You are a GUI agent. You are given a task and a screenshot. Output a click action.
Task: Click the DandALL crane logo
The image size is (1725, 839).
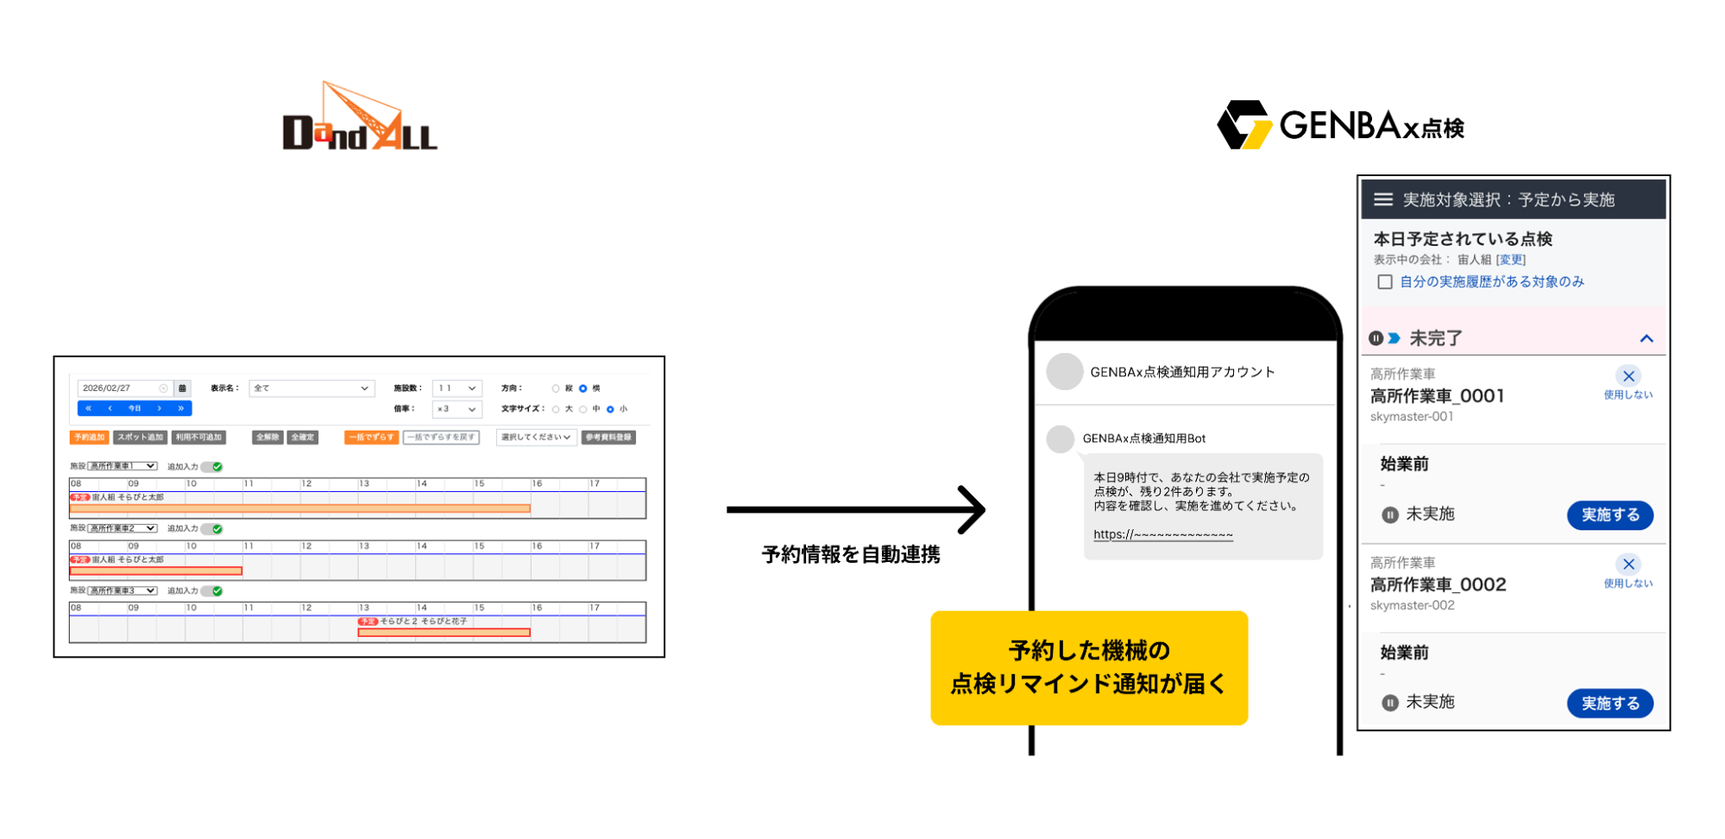[x=359, y=118]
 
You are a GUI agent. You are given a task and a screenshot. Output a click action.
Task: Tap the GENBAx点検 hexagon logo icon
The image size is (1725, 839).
[x=1243, y=125]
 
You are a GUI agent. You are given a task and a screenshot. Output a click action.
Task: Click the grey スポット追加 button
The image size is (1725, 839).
[x=140, y=438]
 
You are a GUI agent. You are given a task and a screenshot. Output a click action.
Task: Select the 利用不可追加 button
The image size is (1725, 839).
[x=198, y=438]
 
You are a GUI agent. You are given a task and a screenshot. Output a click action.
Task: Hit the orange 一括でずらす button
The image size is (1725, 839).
[x=371, y=438]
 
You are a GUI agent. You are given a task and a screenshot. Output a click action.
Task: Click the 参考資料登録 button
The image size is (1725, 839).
[x=608, y=438]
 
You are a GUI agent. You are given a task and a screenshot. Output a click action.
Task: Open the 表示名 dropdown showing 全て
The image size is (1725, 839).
[x=311, y=388]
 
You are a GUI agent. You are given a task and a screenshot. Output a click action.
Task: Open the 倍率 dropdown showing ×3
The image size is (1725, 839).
[x=456, y=409]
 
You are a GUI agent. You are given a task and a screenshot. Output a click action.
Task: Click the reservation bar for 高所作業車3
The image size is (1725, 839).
[x=444, y=633]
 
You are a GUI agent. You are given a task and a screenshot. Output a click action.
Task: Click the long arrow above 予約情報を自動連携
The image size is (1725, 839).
[x=855, y=509]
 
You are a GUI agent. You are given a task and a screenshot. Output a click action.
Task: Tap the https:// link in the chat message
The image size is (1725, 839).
[x=1162, y=534]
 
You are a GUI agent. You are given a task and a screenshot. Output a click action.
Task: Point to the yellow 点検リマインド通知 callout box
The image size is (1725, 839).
[x=1089, y=667]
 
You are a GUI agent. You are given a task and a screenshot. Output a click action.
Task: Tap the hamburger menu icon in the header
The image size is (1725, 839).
[x=1382, y=199]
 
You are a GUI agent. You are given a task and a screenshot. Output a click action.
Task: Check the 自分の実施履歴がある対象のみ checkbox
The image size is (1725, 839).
[x=1385, y=282]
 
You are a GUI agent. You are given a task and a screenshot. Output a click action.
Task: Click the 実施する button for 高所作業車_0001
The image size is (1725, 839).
[x=1609, y=515]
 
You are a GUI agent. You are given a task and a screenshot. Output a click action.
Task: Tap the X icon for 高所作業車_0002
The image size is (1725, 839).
[x=1628, y=565]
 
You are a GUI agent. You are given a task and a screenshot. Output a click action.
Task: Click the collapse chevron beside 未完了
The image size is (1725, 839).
[x=1646, y=338]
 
